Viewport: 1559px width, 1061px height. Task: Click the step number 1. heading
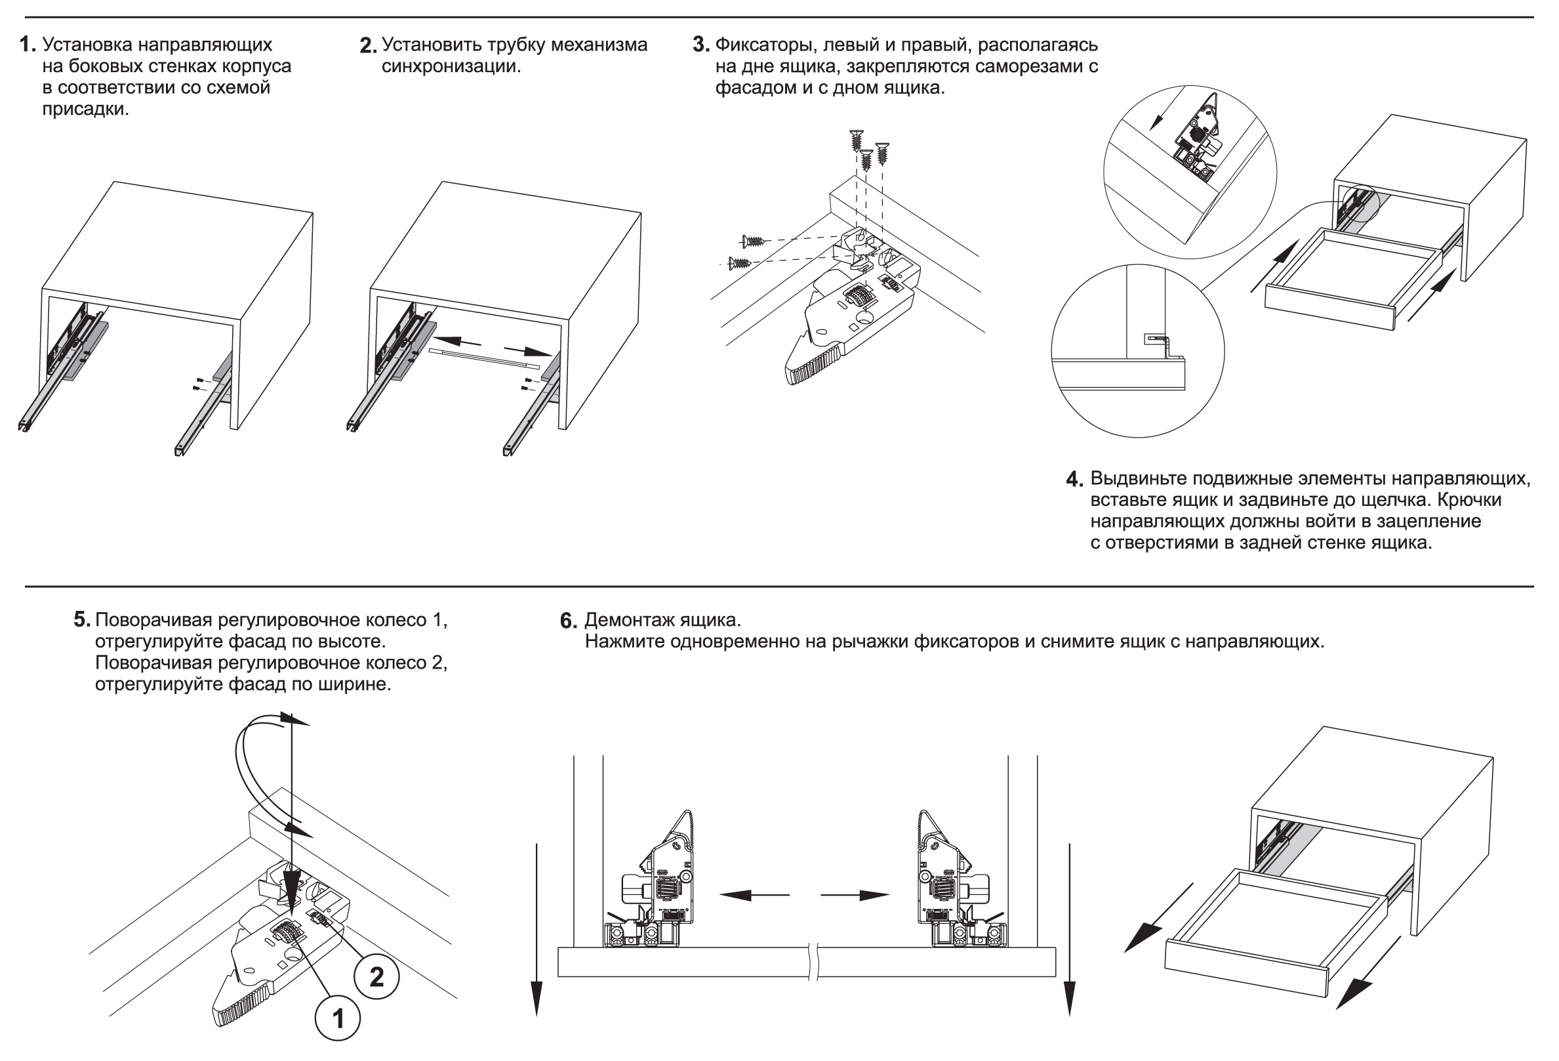coord(28,46)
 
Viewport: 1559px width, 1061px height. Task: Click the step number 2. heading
coord(367,46)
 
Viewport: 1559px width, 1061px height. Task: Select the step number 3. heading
coord(701,45)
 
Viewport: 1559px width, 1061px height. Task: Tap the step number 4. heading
coord(1075,479)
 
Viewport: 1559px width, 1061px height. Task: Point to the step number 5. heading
coord(82,619)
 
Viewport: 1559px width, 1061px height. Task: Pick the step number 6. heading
coord(569,621)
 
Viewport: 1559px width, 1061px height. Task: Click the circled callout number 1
coord(338,1019)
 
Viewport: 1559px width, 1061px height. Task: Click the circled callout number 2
coord(377,977)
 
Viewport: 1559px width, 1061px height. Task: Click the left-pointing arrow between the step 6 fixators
coord(754,894)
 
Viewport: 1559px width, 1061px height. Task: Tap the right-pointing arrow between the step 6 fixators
coord(855,895)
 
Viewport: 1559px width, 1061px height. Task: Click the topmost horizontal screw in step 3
coord(754,241)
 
